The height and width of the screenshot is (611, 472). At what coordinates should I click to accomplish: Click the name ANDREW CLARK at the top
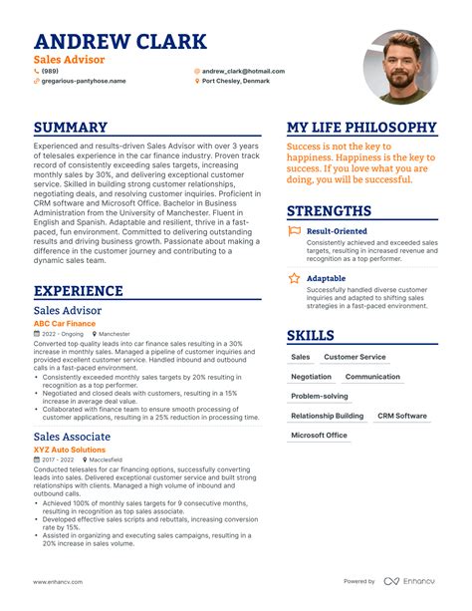pyautogui.click(x=120, y=42)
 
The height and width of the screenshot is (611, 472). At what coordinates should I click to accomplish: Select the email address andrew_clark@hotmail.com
pyautogui.click(x=243, y=72)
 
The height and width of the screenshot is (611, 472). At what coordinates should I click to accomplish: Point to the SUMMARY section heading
pyautogui.click(x=70, y=128)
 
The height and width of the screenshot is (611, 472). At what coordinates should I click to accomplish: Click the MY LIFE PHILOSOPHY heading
pyautogui.click(x=361, y=128)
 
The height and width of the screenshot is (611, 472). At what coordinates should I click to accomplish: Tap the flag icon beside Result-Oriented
pyautogui.click(x=294, y=230)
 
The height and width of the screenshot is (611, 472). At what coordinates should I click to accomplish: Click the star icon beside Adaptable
pyautogui.click(x=294, y=278)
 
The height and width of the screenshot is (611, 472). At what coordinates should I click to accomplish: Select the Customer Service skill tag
pyautogui.click(x=354, y=357)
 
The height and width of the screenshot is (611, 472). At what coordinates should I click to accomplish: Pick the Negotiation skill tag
pyautogui.click(x=311, y=377)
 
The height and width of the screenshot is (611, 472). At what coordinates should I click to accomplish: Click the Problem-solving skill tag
pyautogui.click(x=319, y=396)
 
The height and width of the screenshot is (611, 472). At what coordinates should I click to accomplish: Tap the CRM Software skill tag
pyautogui.click(x=401, y=416)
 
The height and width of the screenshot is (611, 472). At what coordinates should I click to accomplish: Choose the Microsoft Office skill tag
pyautogui.click(x=319, y=435)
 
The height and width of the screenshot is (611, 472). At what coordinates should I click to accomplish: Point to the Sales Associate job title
pyautogui.click(x=72, y=437)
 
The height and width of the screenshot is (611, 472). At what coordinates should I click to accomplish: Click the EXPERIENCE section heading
pyautogui.click(x=78, y=291)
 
